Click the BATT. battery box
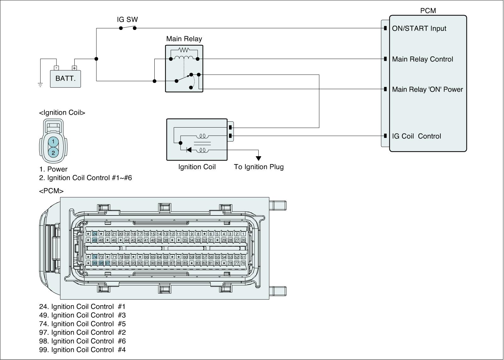coord(66,78)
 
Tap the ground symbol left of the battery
coord(40,84)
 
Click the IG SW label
coord(127,20)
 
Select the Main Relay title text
coord(184,39)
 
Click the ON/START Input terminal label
coord(419,28)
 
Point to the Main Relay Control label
coord(422,59)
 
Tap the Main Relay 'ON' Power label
coord(427,89)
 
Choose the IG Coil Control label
coord(416,136)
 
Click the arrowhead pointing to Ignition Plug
coord(258,158)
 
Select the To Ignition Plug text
coord(259,167)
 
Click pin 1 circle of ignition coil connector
coord(53,141)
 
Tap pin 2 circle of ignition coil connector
coord(53,153)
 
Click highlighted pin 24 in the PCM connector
coord(94,234)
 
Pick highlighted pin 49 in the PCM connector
coord(94,240)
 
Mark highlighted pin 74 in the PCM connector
coord(94,257)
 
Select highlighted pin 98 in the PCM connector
coord(101,263)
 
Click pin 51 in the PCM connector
coord(243,257)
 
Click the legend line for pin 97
coord(82,332)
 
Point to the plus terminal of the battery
coord(74,68)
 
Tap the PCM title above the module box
coord(428,11)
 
